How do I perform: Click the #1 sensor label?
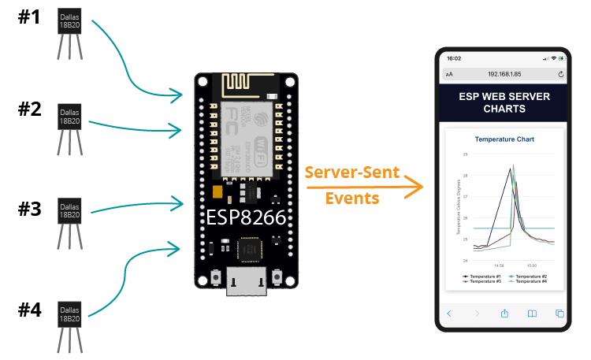(29, 17)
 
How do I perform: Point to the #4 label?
(29, 309)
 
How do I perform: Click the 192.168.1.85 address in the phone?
(504, 74)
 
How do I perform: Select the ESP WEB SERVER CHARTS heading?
(504, 102)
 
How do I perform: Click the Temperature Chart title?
(504, 139)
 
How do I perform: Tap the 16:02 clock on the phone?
(454, 58)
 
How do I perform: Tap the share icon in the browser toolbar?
(504, 314)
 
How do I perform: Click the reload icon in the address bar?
(560, 74)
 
